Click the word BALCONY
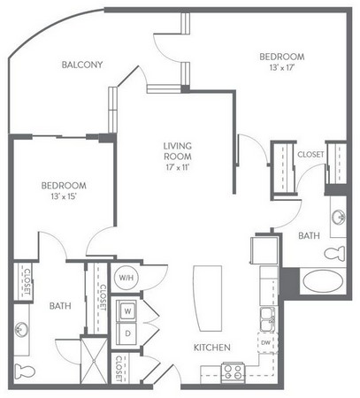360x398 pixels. pos(82,65)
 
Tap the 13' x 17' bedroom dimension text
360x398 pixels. pos(282,67)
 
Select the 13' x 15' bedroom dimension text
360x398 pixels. pos(64,196)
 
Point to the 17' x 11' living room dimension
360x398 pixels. pos(178,167)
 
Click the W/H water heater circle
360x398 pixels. pos(126,278)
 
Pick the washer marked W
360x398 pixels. pos(127,311)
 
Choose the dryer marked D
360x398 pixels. pos(127,333)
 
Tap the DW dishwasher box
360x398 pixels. pos(267,342)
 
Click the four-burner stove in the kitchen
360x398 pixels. pos(233,371)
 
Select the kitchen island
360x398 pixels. pos(207,298)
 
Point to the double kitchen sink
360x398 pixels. pos(268,318)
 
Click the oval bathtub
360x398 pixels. pos(323,280)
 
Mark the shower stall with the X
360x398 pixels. pos(94,360)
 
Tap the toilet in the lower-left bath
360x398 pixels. pos(25,371)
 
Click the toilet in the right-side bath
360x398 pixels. pos(335,253)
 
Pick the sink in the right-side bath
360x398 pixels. pos(338,218)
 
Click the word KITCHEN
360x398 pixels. pos(212,348)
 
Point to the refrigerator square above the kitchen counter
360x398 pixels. pos(264,250)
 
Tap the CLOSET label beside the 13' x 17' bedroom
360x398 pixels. pos(310,154)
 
